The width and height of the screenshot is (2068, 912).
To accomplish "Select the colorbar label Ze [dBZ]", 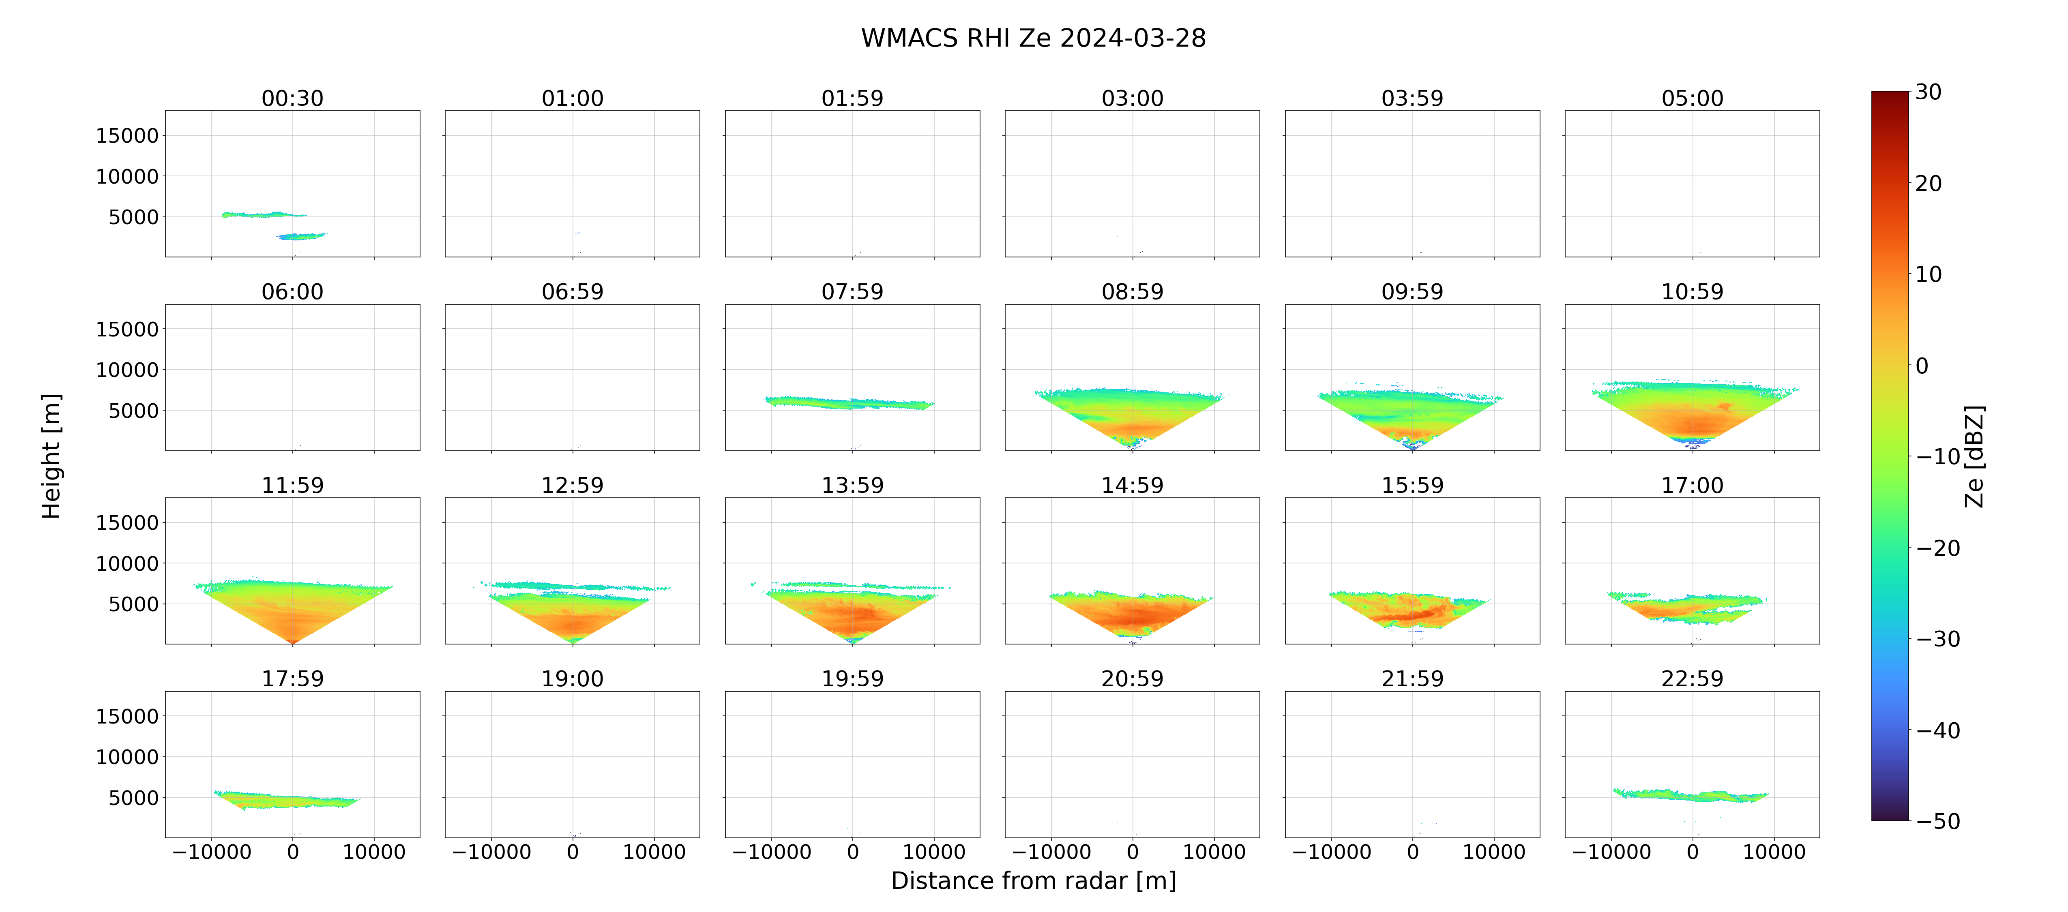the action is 1974,456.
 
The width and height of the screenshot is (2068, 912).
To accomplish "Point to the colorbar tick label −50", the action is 1938,821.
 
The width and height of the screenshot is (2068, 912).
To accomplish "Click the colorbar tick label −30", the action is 1938,639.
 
